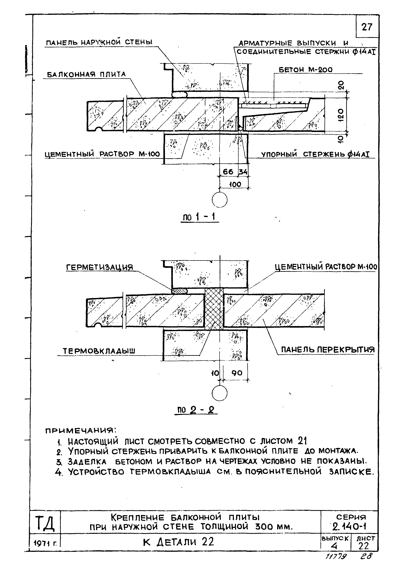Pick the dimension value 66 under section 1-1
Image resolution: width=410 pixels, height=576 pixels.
pos(228,172)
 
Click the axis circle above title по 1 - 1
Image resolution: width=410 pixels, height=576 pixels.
pos(220,200)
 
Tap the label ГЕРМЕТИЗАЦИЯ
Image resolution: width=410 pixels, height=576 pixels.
pos(100,268)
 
